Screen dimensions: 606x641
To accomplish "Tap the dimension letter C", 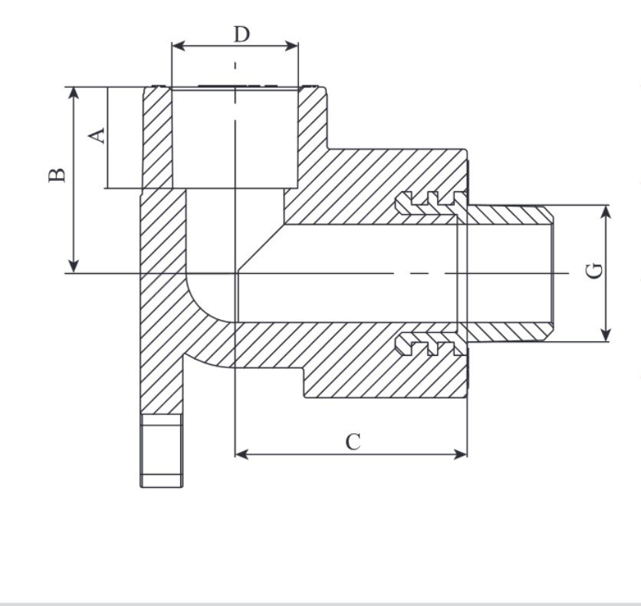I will click(x=352, y=443).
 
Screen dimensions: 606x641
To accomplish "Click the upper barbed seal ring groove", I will click(x=429, y=201).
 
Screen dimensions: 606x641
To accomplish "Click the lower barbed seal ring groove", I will click(x=429, y=344).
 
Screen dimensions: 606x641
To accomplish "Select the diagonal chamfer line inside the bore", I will click(x=261, y=248).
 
